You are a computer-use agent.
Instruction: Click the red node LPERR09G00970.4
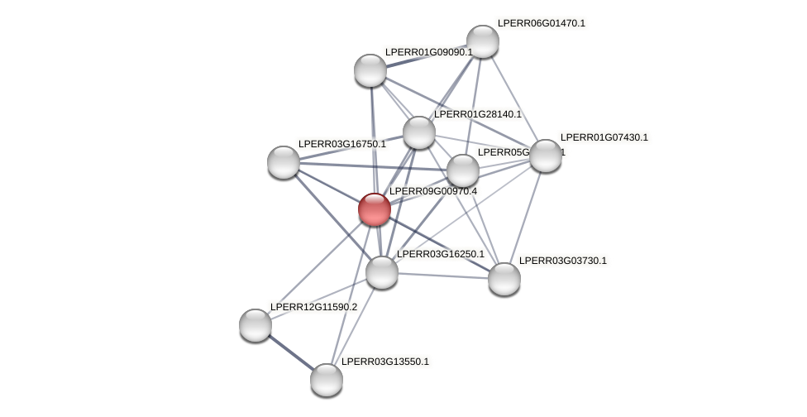click(375, 209)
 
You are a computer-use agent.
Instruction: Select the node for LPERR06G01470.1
click(483, 41)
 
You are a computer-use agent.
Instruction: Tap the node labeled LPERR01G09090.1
click(370, 70)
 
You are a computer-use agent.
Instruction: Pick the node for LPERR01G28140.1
click(419, 132)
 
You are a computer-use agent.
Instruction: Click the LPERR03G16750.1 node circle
click(284, 162)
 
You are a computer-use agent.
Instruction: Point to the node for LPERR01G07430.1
click(546, 156)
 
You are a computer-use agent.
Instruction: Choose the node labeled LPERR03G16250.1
click(382, 272)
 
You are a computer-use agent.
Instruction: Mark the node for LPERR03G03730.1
click(504, 279)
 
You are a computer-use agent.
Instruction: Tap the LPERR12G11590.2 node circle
click(255, 325)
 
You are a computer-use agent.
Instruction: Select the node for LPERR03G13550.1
click(327, 380)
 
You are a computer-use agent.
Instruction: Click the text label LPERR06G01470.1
click(541, 23)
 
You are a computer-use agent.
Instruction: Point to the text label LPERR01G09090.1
click(428, 52)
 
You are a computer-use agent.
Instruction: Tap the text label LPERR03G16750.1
click(341, 144)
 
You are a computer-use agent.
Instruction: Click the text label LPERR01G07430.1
click(604, 137)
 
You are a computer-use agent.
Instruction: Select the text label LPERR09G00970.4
click(432, 191)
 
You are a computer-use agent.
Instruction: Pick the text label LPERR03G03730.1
click(562, 261)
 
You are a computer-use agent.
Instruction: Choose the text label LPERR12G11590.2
click(313, 307)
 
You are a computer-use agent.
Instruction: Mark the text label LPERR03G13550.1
click(385, 362)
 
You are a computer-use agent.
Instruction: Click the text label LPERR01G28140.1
click(478, 114)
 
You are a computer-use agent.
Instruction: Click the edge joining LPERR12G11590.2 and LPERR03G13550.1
click(291, 352)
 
